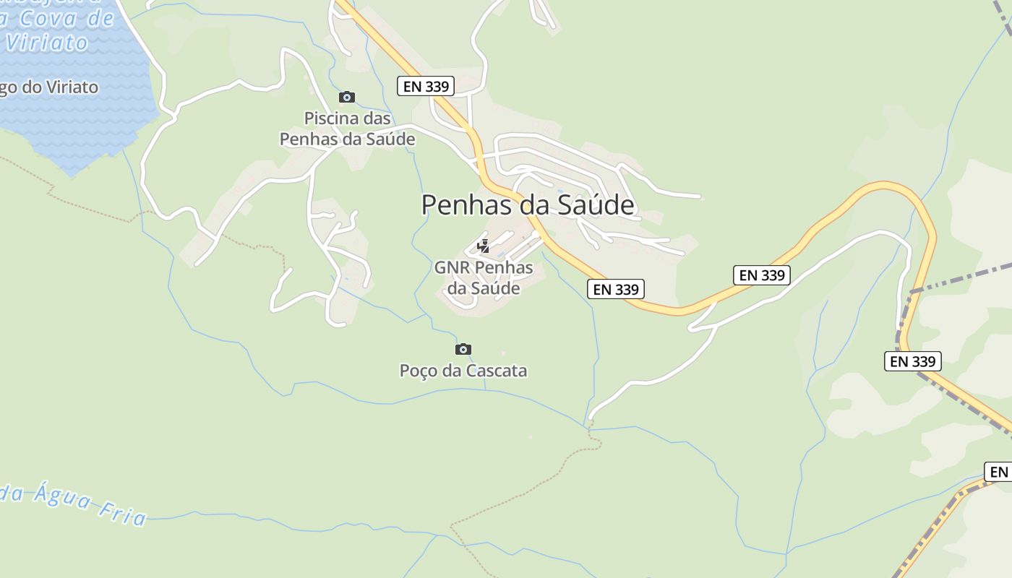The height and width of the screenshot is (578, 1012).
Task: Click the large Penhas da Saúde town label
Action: (528, 205)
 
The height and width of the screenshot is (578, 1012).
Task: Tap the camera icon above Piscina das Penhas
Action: (347, 97)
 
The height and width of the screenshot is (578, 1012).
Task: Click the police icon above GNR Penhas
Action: (483, 247)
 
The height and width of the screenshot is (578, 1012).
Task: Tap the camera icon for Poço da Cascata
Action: (463, 350)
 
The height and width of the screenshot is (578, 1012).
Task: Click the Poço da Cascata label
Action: (463, 371)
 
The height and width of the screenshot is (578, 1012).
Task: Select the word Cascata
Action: (496, 371)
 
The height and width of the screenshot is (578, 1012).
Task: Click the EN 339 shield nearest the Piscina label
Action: (426, 87)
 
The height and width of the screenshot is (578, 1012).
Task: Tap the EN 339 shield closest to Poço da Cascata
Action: (616, 289)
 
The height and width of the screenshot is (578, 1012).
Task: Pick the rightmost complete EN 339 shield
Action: (912, 361)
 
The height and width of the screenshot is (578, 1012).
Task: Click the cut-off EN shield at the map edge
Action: (998, 472)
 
